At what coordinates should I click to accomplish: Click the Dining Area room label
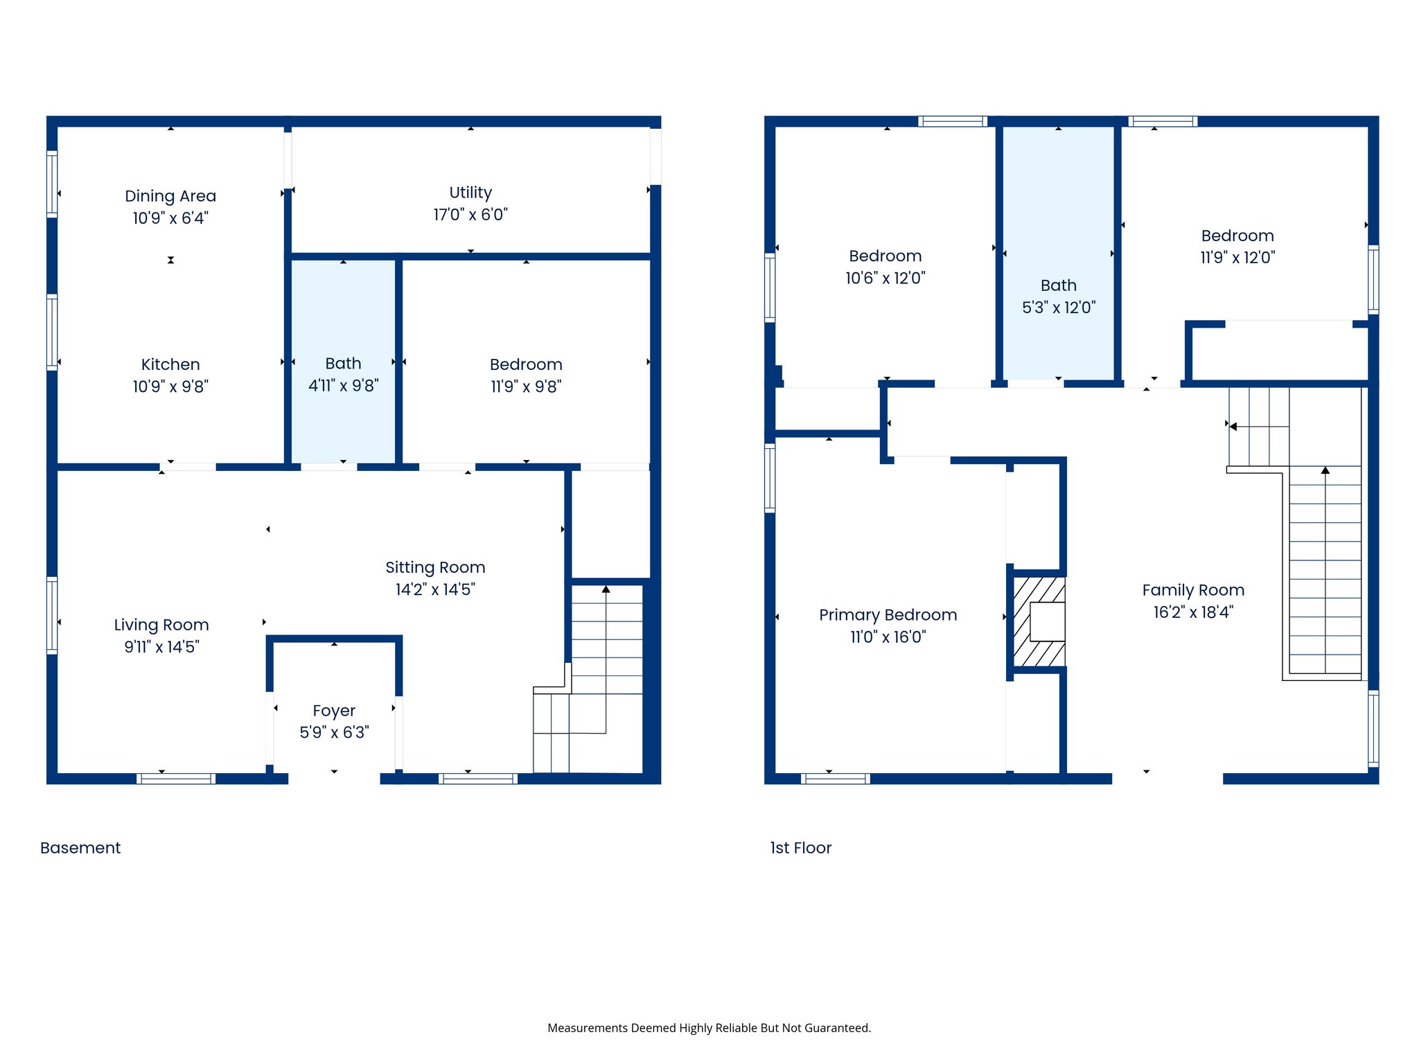[x=170, y=196]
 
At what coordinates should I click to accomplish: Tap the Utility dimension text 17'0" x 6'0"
[x=470, y=215]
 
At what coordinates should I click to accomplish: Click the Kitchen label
[x=170, y=364]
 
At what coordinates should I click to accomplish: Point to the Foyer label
[x=334, y=711]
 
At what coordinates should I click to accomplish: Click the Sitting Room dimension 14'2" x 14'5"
[x=435, y=589]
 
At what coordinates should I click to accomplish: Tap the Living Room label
[x=161, y=625]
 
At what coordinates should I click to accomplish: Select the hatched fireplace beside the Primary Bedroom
[x=1039, y=621]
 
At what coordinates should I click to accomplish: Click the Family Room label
[x=1193, y=590]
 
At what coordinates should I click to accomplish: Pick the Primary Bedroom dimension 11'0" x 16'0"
[x=888, y=637]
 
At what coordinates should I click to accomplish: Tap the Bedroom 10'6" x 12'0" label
[x=885, y=256]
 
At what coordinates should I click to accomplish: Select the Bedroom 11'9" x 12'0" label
[x=1237, y=236]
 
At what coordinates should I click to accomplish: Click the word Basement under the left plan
[x=80, y=848]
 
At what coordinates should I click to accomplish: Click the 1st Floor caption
[x=800, y=848]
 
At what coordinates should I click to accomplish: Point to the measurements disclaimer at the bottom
[x=709, y=1028]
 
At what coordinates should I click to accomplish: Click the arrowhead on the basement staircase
[x=606, y=589]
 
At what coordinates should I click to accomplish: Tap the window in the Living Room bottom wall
[x=176, y=779]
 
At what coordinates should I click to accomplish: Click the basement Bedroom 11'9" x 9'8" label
[x=526, y=364]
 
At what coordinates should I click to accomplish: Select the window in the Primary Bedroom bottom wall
[x=835, y=779]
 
